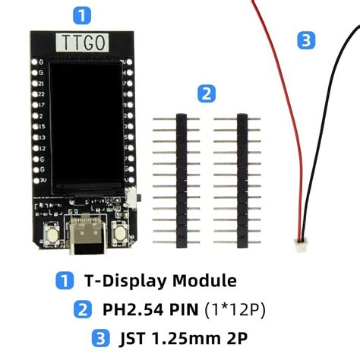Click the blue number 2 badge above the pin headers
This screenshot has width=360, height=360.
click(205, 93)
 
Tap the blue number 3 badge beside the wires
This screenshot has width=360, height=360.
click(305, 40)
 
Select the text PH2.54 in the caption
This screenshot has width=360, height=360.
click(126, 308)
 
